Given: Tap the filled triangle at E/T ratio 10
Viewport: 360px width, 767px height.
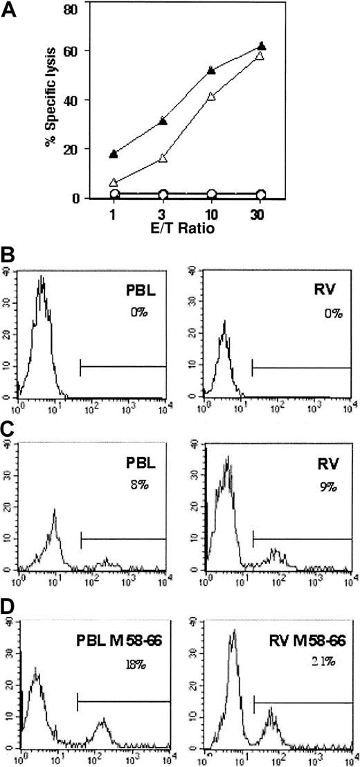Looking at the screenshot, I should click(230, 71).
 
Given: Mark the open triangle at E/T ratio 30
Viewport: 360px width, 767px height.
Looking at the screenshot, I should click(279, 55).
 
